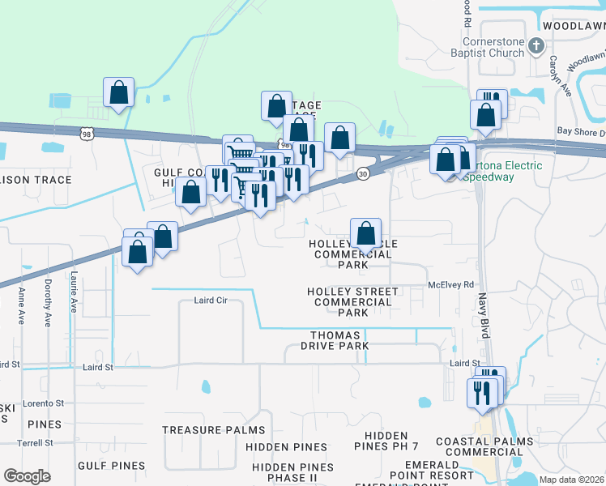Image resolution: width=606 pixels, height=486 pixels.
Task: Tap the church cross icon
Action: pyautogui.click(x=536, y=46)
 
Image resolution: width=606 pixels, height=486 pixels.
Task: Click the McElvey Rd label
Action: pyautogui.click(x=450, y=285)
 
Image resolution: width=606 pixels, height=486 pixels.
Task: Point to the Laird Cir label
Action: pyautogui.click(x=211, y=301)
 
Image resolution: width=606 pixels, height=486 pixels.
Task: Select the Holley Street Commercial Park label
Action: pyautogui.click(x=352, y=302)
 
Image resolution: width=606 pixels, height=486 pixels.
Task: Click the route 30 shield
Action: pyautogui.click(x=362, y=174)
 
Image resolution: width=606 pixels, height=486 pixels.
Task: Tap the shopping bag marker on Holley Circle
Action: pyautogui.click(x=366, y=233)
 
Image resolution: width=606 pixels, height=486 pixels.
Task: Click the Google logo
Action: pyautogui.click(x=27, y=476)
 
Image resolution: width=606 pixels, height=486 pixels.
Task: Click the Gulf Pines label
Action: pyautogui.click(x=112, y=466)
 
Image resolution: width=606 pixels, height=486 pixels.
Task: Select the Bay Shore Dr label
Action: pyautogui.click(x=580, y=131)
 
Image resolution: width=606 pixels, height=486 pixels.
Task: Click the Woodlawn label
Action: pyautogui.click(x=573, y=26)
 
